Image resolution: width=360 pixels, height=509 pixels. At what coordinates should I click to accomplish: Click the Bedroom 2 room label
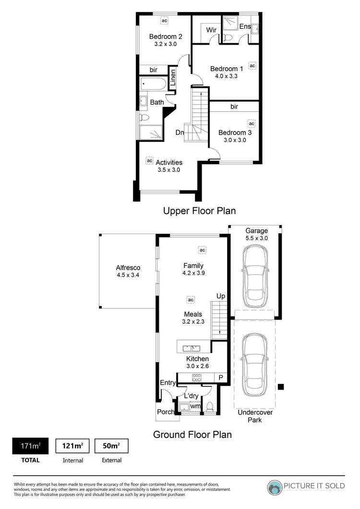point(165,36)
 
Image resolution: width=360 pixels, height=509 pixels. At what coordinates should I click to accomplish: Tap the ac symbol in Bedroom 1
point(252,66)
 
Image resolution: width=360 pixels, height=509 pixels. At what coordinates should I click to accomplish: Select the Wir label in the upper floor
point(212,30)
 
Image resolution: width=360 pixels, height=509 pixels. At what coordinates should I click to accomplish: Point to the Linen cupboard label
point(173,78)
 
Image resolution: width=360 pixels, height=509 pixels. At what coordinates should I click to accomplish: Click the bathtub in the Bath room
point(153,84)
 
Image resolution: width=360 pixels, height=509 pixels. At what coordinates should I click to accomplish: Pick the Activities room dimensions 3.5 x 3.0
point(168,170)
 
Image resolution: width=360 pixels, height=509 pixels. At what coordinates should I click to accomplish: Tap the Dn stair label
point(180,132)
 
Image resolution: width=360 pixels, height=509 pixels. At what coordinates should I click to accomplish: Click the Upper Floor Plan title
point(199,211)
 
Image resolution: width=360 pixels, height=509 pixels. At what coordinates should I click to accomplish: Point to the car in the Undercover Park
point(254,364)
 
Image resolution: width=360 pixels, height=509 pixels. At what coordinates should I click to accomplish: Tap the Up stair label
point(220,296)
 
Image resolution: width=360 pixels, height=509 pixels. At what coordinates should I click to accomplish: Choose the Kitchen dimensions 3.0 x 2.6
point(197,366)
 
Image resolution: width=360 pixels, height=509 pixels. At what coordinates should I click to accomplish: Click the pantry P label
point(220,378)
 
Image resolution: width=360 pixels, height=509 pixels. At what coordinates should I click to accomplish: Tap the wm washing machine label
point(195,406)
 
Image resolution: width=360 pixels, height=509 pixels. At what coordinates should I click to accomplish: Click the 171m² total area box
point(30,447)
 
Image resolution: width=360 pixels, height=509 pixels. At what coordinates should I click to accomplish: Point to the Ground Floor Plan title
point(192,435)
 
